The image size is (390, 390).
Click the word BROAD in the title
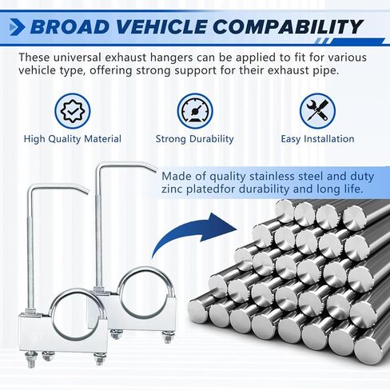pyautogui.click(x=70, y=27)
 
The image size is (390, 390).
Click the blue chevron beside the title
pyautogui.click(x=17, y=27)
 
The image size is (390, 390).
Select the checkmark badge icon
pyautogui.click(x=73, y=111)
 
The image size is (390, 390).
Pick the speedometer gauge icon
pyautogui.click(x=195, y=111)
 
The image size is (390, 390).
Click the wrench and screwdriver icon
pyautogui.click(x=317, y=111)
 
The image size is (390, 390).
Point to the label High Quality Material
pyautogui.click(x=73, y=139)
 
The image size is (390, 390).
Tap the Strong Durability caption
pyautogui.click(x=195, y=139)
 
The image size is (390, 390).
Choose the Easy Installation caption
pyautogui.click(x=317, y=139)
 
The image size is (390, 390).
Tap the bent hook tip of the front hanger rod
pyautogui.click(x=86, y=191)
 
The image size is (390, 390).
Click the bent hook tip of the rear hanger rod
pyautogui.click(x=153, y=169)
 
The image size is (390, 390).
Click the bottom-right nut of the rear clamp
pyautogui.click(x=169, y=336)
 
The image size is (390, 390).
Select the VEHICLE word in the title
pyautogui.click(x=161, y=27)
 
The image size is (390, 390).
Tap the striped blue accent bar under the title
pyautogui.click(x=349, y=42)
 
